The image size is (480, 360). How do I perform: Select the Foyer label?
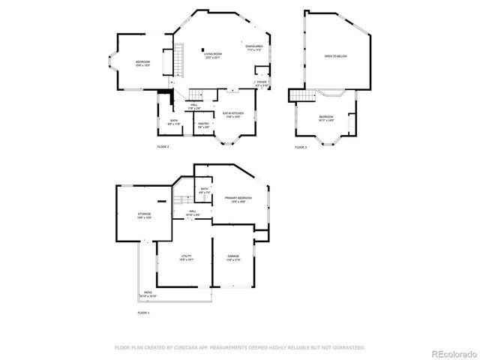pyautogui.click(x=262, y=84)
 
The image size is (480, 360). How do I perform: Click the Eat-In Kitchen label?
pyautogui.click(x=232, y=115)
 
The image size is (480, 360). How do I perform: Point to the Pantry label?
pyautogui.click(x=203, y=125)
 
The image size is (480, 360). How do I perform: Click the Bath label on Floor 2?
pyautogui.click(x=173, y=122)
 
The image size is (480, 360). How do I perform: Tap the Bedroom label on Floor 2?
pyautogui.click(x=142, y=63)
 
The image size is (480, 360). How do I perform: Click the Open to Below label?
pyautogui.click(x=335, y=56)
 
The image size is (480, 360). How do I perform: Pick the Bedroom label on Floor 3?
pyautogui.click(x=326, y=118)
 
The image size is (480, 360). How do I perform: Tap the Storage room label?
pyautogui.click(x=144, y=216)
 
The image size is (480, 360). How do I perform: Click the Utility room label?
pyautogui.click(x=186, y=257)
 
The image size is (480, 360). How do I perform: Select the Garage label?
pyautogui.click(x=233, y=257)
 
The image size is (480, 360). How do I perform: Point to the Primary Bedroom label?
pyautogui.click(x=238, y=199)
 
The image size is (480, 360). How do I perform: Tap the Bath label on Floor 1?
pyautogui.click(x=204, y=191)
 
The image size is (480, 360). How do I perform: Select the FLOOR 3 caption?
pyautogui.click(x=301, y=148)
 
